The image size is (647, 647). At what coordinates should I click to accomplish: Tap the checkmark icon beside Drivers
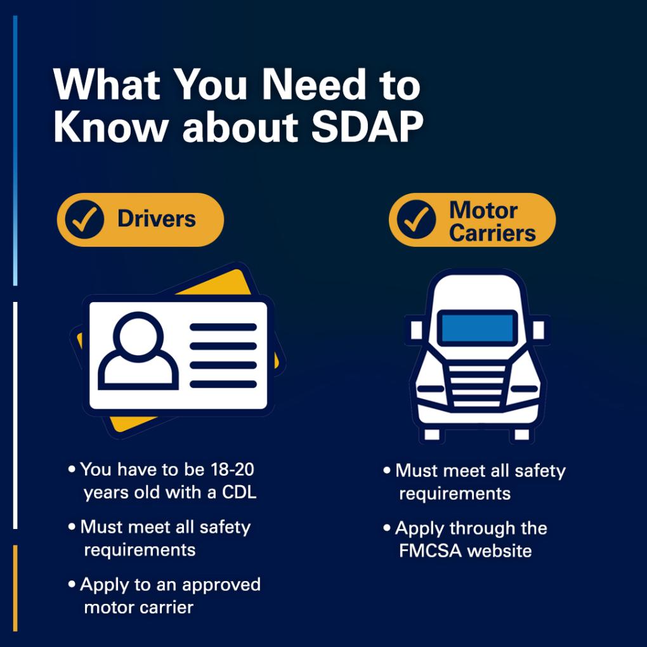coord(84,219)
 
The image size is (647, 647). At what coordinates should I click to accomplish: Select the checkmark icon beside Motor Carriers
coord(416,219)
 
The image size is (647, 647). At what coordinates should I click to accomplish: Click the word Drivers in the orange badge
coord(157,219)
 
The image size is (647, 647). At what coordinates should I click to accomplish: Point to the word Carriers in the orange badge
coord(492,233)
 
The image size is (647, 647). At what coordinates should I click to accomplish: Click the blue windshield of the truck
coord(478,328)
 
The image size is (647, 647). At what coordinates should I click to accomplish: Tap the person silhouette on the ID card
coord(138,351)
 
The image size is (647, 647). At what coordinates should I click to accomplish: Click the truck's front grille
coord(478,386)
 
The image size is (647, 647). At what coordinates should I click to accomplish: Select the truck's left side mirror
coord(416,330)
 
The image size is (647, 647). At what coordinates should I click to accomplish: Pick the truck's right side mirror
coord(539,330)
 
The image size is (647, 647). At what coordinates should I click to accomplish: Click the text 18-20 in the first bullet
coord(232,469)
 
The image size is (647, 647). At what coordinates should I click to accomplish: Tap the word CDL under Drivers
coord(239,492)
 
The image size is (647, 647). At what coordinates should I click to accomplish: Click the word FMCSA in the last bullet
coord(430,551)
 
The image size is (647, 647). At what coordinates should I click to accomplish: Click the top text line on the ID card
coord(223,327)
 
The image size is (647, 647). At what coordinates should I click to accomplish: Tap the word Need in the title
coord(313,85)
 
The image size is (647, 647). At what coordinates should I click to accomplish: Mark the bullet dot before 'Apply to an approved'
coord(72,584)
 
